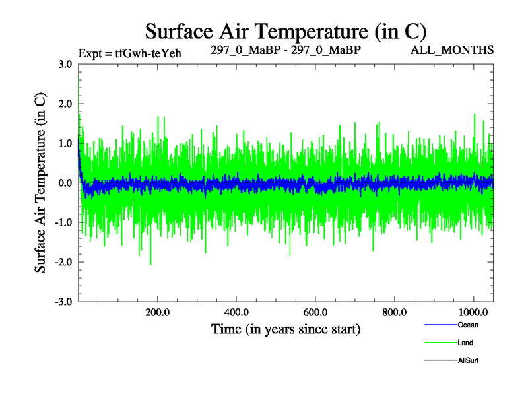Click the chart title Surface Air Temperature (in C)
pyautogui.click(x=286, y=30)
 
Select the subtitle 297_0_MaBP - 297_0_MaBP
pyautogui.click(x=286, y=50)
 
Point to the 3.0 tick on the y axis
pyautogui.click(x=66, y=64)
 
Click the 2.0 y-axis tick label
pyautogui.click(x=66, y=104)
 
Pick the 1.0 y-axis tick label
pyautogui.click(x=66, y=143)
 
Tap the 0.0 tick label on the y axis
pyautogui.click(x=66, y=183)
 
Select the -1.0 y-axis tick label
pyautogui.click(x=65, y=222)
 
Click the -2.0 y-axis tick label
pyautogui.click(x=65, y=262)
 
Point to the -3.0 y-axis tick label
pyautogui.click(x=65, y=302)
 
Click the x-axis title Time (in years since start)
pyautogui.click(x=286, y=329)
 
